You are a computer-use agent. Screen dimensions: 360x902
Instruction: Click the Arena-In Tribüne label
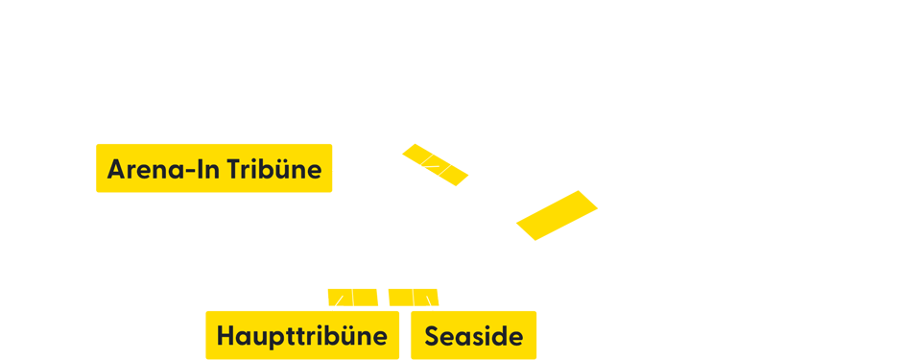point(214,168)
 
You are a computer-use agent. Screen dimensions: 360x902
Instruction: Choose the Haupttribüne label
point(302,335)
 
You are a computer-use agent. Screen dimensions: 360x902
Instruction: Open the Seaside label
point(473,335)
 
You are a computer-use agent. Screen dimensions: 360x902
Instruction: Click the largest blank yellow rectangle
point(557,215)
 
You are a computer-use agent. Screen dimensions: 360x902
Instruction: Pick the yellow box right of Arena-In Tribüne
point(435,164)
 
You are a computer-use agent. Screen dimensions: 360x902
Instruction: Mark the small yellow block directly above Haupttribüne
point(352,298)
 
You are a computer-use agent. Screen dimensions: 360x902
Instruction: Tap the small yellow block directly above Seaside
point(414,298)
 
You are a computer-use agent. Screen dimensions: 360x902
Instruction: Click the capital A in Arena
point(116,170)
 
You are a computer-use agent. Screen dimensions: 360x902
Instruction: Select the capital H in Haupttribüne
point(225,336)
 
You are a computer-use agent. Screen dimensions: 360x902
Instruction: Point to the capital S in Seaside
point(433,337)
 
